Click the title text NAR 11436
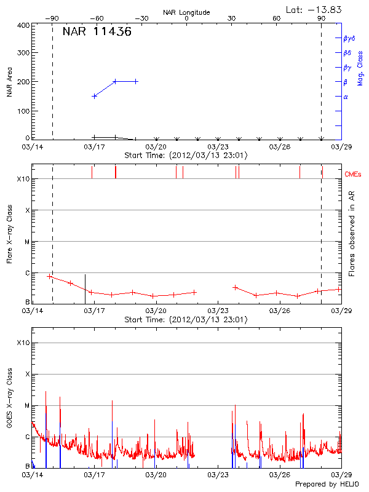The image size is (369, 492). tap(97, 32)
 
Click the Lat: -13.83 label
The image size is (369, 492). tap(315, 9)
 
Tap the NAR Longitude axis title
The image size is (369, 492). tap(186, 12)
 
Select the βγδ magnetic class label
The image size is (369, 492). tap(349, 38)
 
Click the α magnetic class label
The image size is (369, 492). tap(346, 97)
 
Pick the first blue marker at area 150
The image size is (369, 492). tap(94, 96)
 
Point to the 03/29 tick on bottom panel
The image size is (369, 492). tap(341, 475)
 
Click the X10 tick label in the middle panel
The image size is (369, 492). tap(23, 179)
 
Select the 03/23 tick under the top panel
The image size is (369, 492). tap(218, 147)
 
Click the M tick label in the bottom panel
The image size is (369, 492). tap(26, 405)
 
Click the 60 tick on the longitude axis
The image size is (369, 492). tap(277, 19)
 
